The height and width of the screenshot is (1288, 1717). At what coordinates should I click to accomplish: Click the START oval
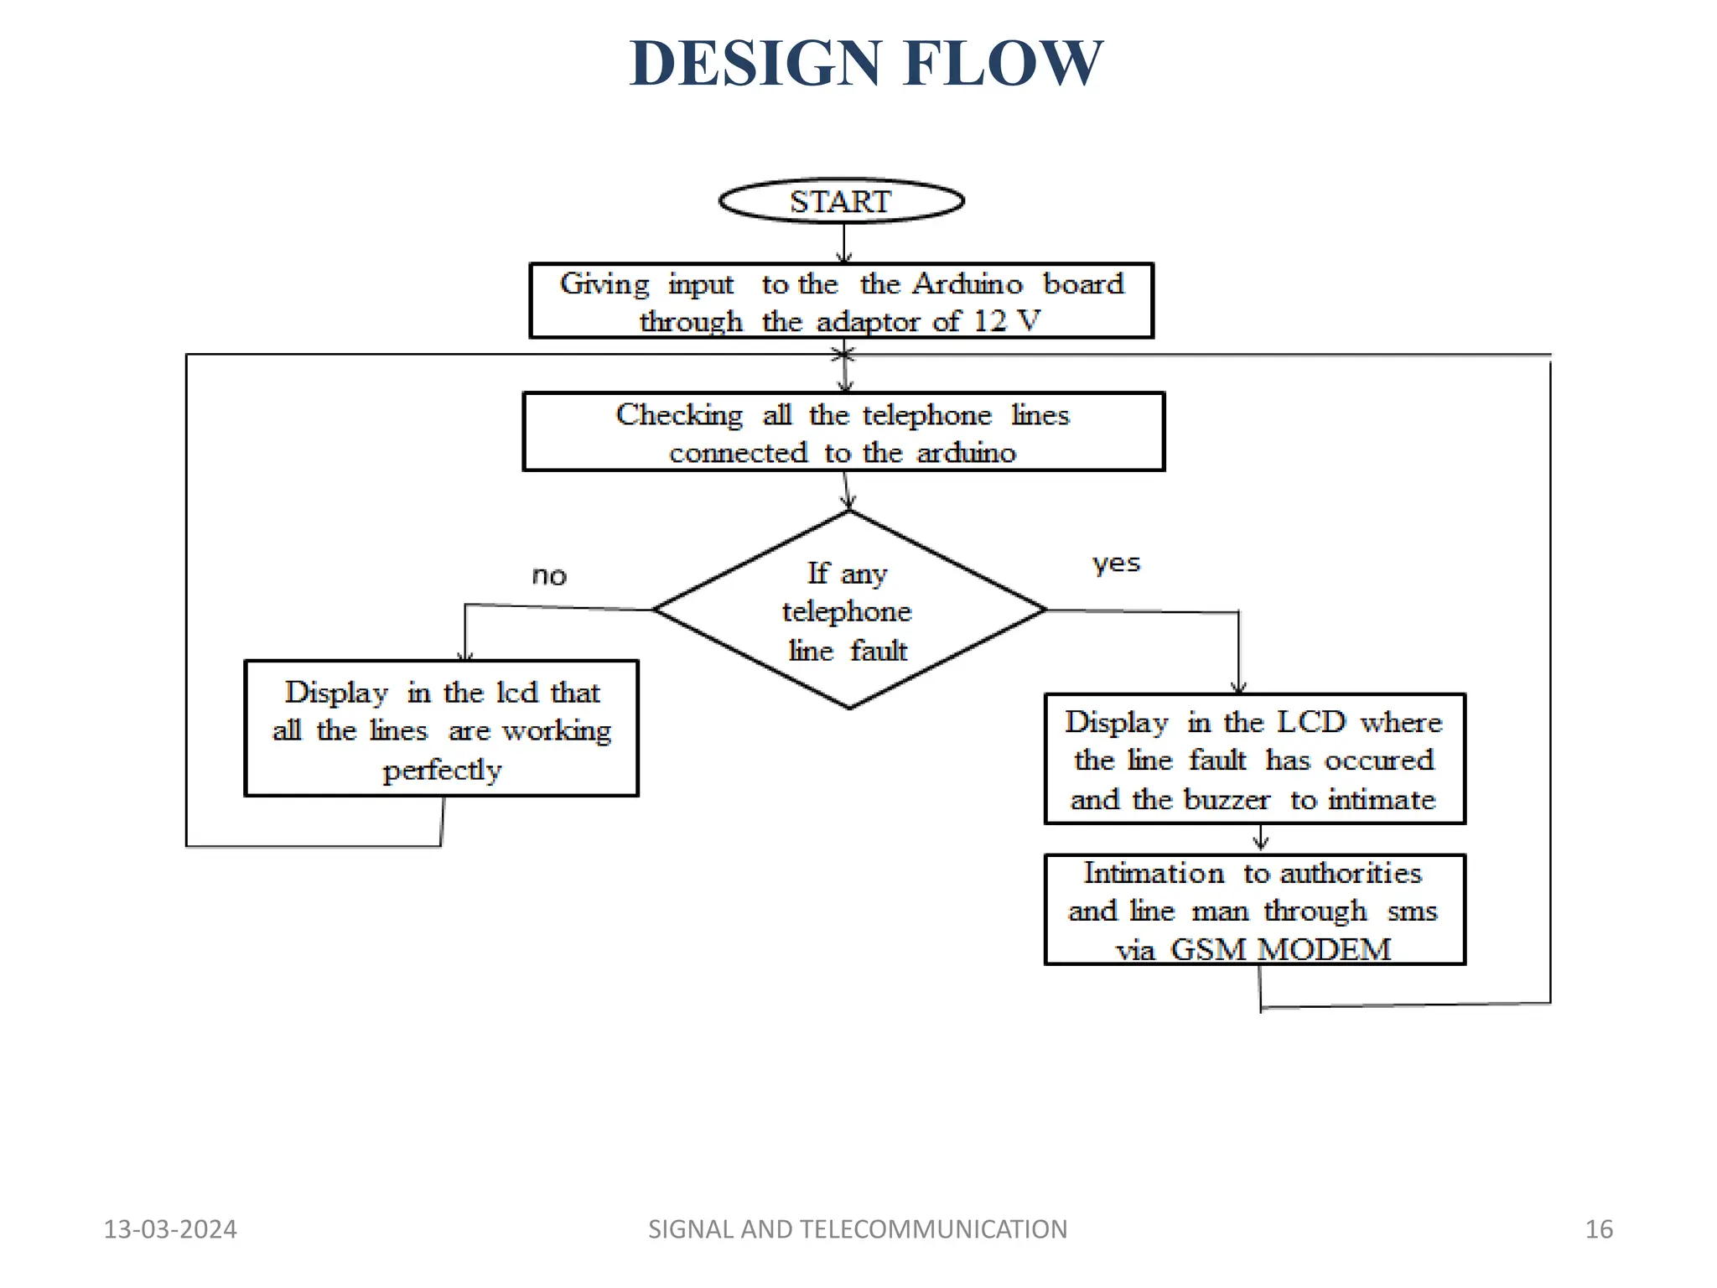(841, 201)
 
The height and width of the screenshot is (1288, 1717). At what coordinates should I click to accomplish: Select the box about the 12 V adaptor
(841, 301)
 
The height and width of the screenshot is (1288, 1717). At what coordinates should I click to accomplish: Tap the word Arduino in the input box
(967, 283)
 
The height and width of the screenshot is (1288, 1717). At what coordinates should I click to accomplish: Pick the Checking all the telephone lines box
(843, 432)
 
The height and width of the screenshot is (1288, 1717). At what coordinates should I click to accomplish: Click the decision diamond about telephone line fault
(848, 610)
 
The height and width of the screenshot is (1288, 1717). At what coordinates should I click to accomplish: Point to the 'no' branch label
(549, 576)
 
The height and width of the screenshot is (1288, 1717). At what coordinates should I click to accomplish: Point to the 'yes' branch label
(1116, 563)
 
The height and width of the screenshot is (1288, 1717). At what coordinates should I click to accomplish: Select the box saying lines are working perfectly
(441, 729)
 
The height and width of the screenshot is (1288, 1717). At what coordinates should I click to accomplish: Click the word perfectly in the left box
(442, 770)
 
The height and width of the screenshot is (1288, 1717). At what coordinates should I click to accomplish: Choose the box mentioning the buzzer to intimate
(1254, 759)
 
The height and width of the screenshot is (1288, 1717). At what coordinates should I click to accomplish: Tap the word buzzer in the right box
(1226, 799)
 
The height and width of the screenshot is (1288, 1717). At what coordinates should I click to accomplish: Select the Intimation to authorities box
(1254, 910)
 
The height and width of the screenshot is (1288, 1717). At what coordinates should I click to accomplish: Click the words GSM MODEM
(1280, 949)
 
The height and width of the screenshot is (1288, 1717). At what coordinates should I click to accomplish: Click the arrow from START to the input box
(844, 243)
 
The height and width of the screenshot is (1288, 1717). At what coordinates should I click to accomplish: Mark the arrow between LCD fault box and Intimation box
(1260, 839)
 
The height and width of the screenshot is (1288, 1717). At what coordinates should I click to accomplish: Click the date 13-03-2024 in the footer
(170, 1229)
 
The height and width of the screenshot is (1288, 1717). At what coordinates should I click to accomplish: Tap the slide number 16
(1598, 1229)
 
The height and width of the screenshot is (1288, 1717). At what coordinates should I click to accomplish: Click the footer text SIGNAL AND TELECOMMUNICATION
(858, 1229)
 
